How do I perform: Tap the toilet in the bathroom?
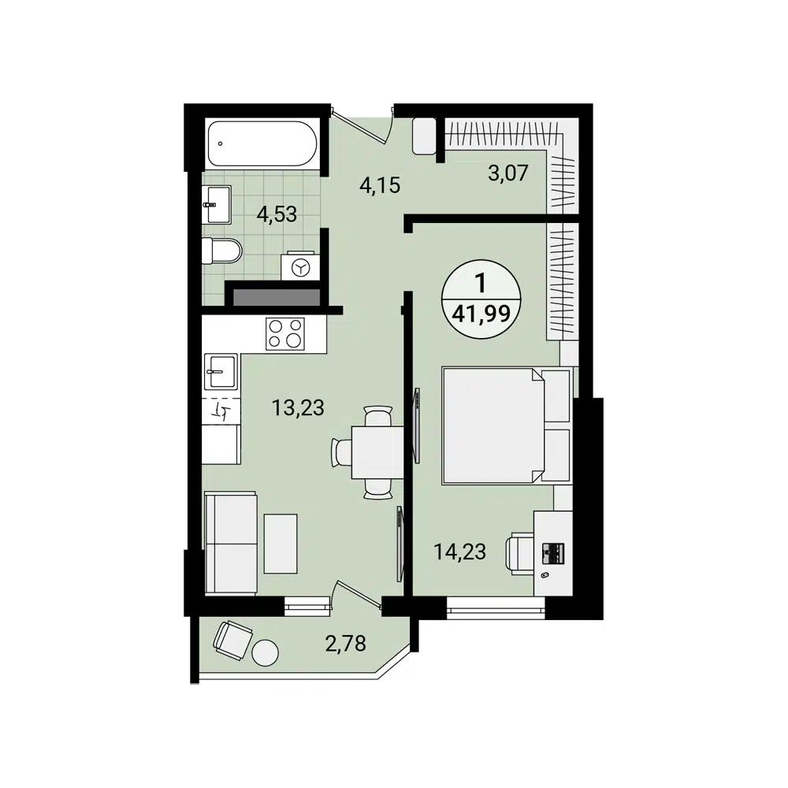221,252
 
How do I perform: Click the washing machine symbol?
300,268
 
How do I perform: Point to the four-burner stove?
285,333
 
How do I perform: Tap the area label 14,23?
459,552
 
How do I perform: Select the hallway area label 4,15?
380,186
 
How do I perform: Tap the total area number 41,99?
480,313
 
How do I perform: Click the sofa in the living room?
230,543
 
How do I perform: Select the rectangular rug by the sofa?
281,543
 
